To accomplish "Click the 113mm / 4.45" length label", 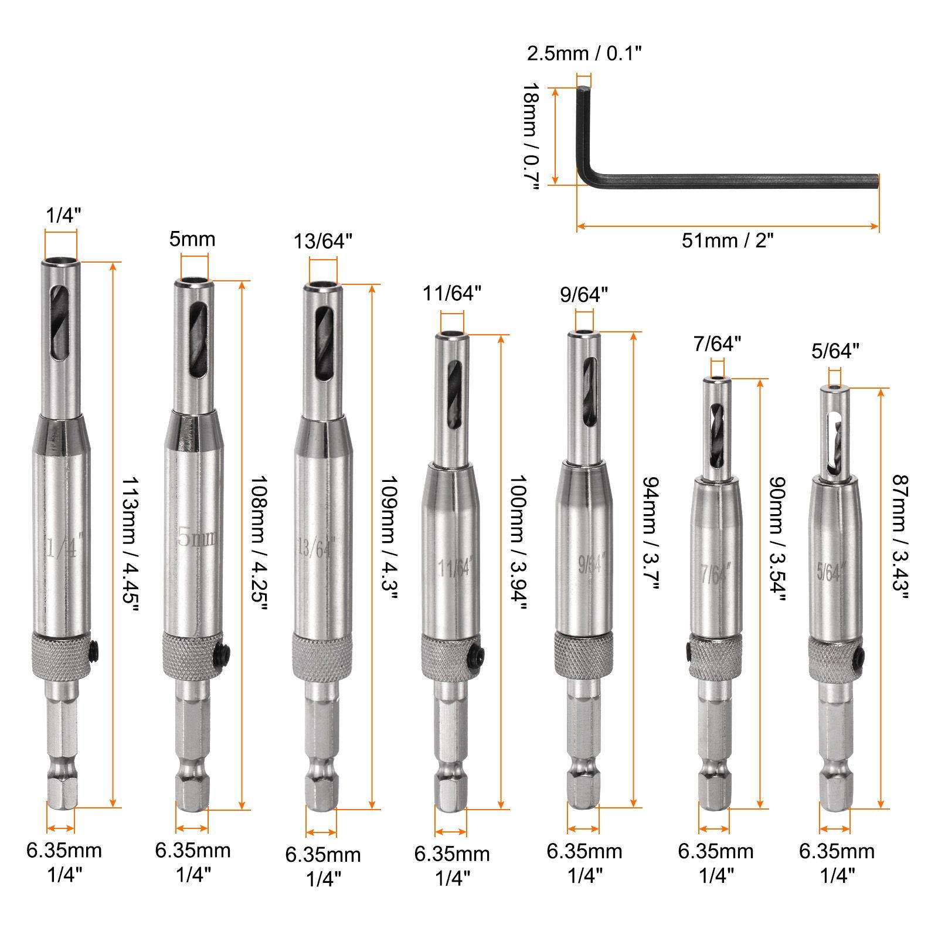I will pos(130,544).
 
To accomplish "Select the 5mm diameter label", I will pos(192,239).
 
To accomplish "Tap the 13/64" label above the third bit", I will pos(323,241).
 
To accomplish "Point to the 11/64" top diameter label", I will pos(452,293).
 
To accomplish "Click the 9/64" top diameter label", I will pos(584,294).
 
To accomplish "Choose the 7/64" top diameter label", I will pos(717,344).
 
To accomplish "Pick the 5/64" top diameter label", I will pos(835,351).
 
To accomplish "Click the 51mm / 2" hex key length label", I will pos(727,240).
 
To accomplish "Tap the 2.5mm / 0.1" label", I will pos(584,53).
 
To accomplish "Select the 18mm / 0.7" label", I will pos(530,136).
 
